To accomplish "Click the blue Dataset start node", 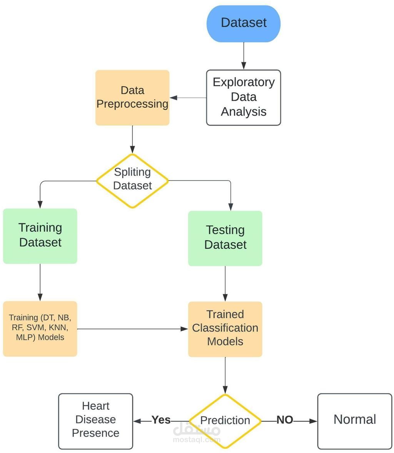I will pos(244,23).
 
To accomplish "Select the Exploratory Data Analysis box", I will pos(244,97).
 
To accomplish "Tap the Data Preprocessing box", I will pos(132,97).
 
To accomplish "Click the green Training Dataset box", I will pos(40,236).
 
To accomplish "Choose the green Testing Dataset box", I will pos(225,238).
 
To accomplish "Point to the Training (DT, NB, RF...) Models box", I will pos(40,329).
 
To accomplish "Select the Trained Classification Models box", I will pos(225,329).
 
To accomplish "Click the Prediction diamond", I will pos(225,421).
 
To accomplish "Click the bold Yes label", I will pos(161,420).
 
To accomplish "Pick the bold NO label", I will pos(285,420).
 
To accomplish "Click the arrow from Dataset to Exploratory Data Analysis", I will pos(244,56).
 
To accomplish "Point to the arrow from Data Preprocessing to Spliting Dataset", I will pos(132,139).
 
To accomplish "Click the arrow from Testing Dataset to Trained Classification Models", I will pos(225,284).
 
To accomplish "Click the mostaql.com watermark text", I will pos(197,440).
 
